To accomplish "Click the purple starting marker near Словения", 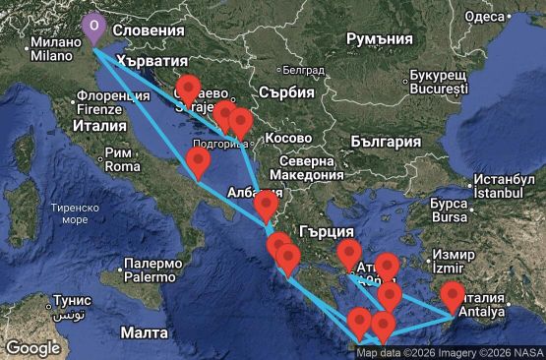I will pyautogui.click(x=93, y=27).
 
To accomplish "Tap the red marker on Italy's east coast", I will pyautogui.click(x=198, y=161).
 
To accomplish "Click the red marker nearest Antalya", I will pyautogui.click(x=453, y=294).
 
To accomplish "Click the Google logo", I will pyautogui.click(x=32, y=347).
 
